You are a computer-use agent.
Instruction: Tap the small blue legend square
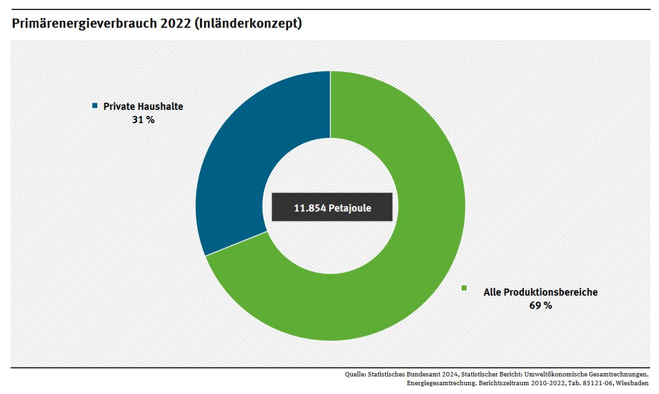(95, 106)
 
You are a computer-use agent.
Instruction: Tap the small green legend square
(464, 287)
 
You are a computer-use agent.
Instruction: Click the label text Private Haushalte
(143, 107)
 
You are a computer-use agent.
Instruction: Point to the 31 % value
(143, 119)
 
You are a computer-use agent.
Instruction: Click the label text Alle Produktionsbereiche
(540, 292)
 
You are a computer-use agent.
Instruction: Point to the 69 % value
(540, 306)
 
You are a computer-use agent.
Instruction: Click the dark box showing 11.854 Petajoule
(332, 207)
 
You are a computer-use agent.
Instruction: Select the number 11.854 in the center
(310, 208)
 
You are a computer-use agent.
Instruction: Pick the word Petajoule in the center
(350, 208)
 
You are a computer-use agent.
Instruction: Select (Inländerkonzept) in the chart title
(248, 24)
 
